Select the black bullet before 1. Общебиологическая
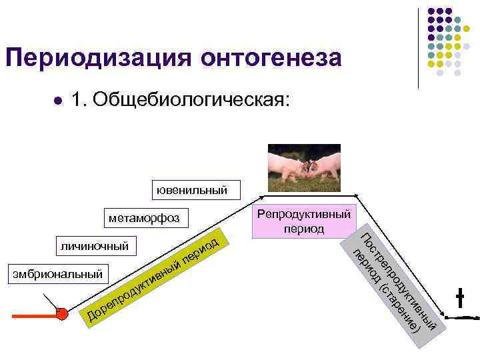click(58, 101)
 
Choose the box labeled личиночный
click(95, 246)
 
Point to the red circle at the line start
click(62, 313)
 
